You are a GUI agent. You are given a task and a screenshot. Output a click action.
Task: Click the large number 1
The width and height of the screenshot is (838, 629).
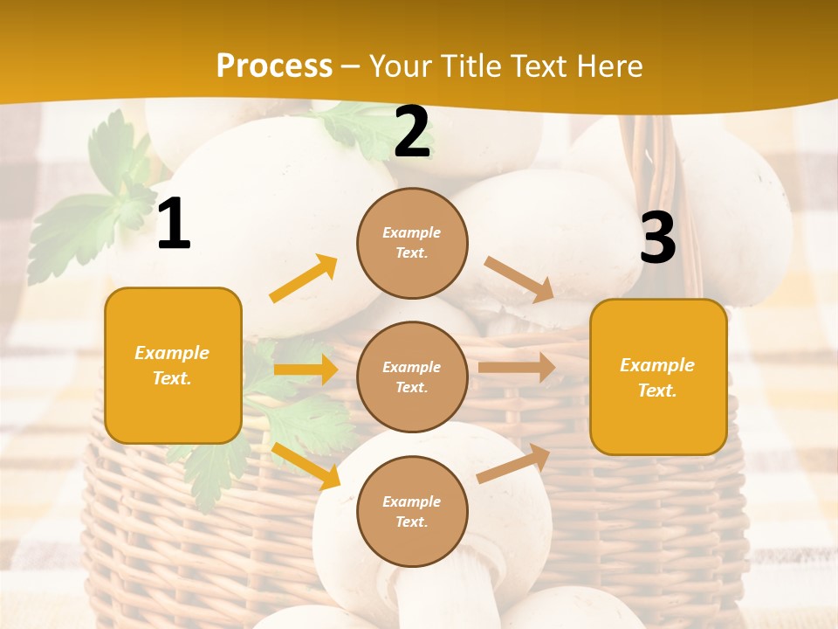click(x=173, y=225)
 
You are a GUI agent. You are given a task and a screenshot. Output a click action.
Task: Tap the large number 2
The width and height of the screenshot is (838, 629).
click(x=412, y=132)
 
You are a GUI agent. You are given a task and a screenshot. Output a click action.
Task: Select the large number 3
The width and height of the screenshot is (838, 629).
click(x=657, y=238)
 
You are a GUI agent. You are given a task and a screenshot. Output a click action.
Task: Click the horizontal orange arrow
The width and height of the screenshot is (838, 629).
click(x=306, y=370)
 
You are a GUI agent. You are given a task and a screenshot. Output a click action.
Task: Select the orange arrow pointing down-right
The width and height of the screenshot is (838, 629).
click(x=306, y=466)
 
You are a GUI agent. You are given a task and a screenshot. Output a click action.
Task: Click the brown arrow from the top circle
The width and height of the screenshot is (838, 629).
click(x=519, y=280)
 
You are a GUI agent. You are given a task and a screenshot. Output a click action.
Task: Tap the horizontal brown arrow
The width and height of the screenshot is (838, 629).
click(x=517, y=367)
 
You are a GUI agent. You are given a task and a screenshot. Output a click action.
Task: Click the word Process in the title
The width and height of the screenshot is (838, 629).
click(x=274, y=66)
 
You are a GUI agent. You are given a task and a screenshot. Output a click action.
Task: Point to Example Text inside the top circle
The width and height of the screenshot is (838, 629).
click(x=412, y=243)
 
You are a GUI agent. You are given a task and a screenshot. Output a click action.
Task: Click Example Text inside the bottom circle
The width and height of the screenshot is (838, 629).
click(x=412, y=512)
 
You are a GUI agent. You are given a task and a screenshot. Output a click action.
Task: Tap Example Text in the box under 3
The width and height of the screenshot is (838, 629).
click(x=657, y=377)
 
